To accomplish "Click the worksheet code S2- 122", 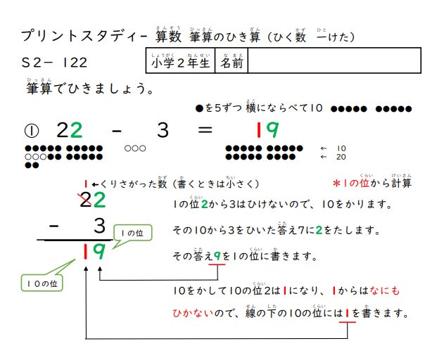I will point(54,63).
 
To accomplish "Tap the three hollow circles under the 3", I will point(134,148).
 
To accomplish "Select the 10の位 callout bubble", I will point(44,283).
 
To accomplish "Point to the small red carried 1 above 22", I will point(86,184).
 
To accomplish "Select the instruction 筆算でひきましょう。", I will point(91,90).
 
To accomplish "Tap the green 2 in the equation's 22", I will point(77,130).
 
